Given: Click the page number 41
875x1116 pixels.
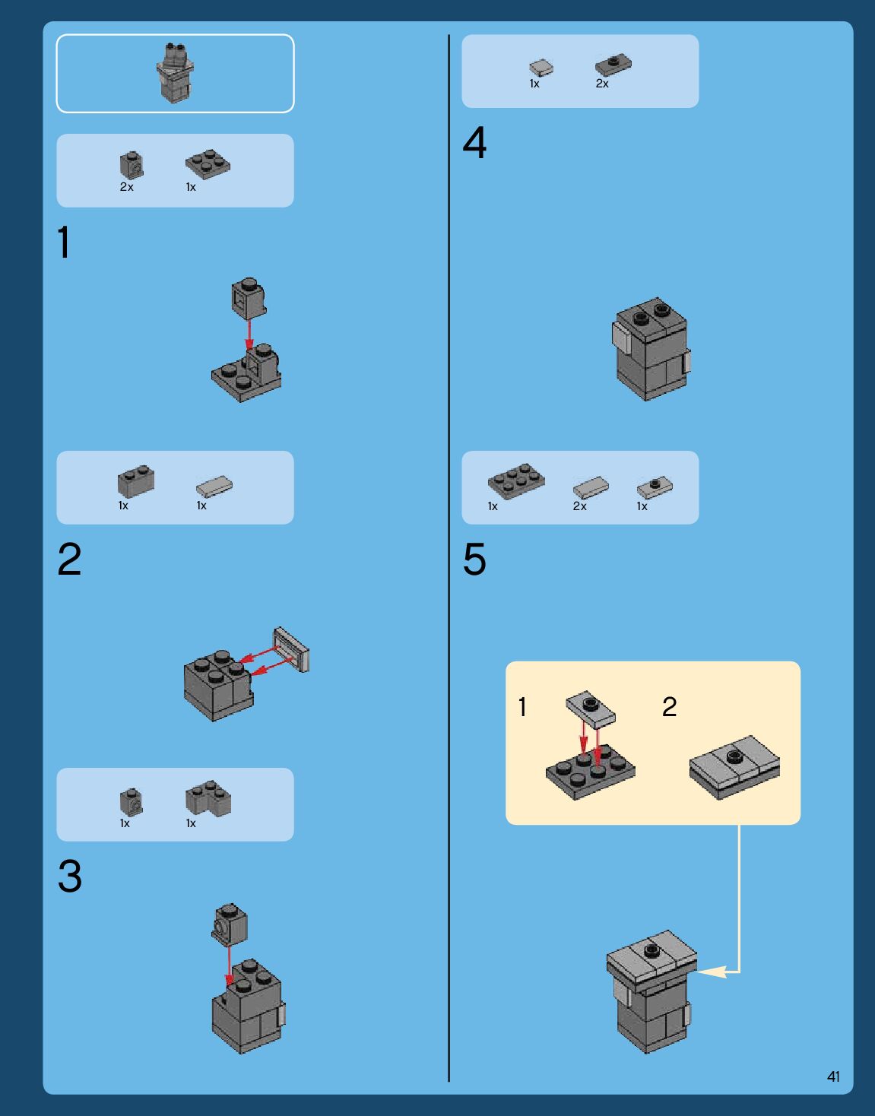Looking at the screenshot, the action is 833,1076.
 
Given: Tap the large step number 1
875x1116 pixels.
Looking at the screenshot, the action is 64,243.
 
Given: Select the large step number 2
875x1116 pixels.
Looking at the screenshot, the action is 70,560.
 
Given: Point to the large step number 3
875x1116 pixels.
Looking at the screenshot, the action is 70,877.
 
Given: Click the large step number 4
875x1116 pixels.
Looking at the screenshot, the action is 474,142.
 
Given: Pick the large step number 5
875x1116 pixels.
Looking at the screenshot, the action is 474,560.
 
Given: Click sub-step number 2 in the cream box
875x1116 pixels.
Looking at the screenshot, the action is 670,707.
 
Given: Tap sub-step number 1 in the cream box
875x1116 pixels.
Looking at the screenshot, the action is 522,707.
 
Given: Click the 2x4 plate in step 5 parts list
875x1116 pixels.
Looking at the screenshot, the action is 516,481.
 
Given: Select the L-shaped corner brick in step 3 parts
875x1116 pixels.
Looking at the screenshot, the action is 208,798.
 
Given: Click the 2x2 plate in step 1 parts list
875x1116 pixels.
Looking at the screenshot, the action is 208,164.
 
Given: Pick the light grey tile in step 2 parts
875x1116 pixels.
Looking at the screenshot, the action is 214,487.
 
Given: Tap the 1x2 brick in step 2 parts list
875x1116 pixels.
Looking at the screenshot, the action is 136,481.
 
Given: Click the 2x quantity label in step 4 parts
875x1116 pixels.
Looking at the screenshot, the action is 602,84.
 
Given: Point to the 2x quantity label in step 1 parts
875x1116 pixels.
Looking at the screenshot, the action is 126,187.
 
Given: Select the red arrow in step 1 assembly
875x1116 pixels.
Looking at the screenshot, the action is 249,334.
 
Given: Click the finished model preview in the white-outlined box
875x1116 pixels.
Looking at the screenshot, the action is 175,73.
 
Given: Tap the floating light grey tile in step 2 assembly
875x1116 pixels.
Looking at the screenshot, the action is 291,649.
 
